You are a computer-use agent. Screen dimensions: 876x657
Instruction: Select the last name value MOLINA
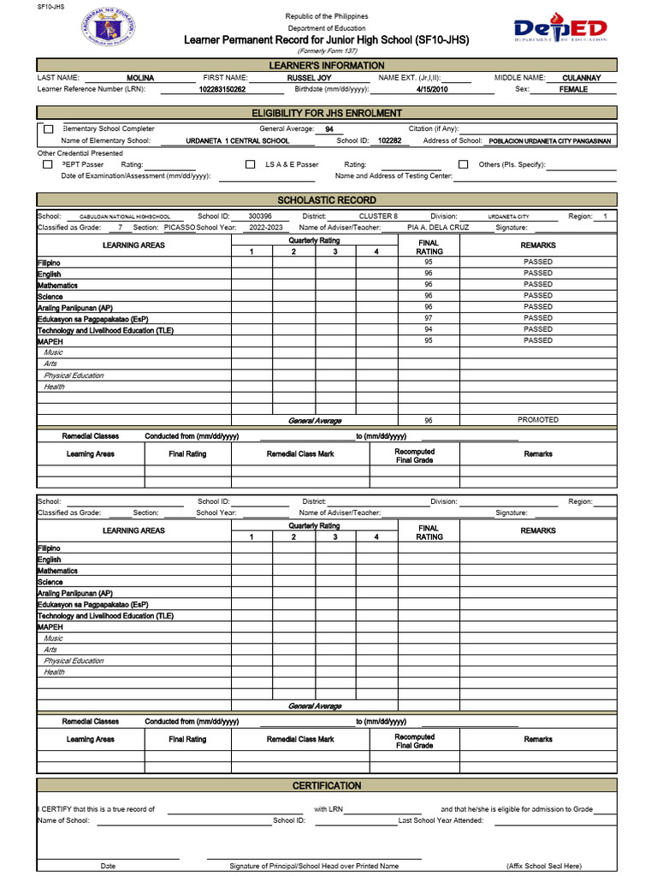pos(140,78)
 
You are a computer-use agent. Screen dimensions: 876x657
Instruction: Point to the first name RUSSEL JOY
pos(309,78)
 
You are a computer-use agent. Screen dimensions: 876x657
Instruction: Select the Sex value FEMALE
pos(573,89)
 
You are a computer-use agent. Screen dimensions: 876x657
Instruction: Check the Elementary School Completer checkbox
pos(48,129)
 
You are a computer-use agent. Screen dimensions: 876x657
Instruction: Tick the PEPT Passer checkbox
pos(48,164)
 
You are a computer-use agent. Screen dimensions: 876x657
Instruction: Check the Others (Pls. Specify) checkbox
pos(463,164)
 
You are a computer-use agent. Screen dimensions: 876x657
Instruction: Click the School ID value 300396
pos(260,216)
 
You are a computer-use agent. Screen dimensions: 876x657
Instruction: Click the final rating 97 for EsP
pos(429,318)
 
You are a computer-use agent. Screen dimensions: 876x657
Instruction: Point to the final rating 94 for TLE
pos(429,329)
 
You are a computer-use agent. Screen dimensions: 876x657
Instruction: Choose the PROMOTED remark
pos(538,420)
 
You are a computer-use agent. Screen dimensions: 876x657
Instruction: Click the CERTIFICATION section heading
pos(327,785)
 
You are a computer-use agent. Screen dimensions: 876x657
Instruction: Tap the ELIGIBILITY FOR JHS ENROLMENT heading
pos(327,113)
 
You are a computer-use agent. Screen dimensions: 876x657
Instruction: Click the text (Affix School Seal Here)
pos(543,866)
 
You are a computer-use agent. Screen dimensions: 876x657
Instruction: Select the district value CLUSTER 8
pos(378,216)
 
